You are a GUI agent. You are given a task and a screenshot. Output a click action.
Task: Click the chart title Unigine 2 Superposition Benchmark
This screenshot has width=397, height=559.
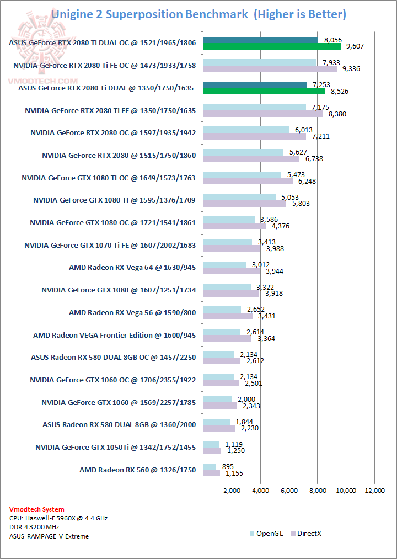click(x=149, y=14)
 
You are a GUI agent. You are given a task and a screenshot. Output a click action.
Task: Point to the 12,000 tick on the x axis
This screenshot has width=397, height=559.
click(x=374, y=490)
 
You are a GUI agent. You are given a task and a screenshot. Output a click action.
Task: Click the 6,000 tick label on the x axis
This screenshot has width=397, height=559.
click(x=289, y=490)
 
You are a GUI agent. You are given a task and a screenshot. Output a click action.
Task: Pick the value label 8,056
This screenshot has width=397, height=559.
click(x=330, y=40)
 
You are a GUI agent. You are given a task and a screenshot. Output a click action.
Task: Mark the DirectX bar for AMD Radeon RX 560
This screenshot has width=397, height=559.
click(x=211, y=473)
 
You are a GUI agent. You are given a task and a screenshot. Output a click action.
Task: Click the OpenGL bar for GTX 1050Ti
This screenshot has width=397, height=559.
click(x=211, y=444)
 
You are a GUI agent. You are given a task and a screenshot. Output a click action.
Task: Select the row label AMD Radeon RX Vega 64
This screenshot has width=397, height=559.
click(x=132, y=268)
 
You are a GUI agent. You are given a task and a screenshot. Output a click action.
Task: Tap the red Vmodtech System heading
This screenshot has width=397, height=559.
click(x=37, y=509)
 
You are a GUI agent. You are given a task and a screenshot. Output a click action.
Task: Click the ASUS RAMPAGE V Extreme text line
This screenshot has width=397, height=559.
click(x=49, y=536)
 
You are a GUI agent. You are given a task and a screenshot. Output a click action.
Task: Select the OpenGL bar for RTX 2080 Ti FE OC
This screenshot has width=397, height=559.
click(x=260, y=62)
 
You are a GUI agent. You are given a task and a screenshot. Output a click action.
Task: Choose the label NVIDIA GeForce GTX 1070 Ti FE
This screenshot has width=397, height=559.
click(x=110, y=245)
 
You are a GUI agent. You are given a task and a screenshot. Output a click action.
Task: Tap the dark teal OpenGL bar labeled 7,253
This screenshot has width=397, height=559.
click(x=255, y=85)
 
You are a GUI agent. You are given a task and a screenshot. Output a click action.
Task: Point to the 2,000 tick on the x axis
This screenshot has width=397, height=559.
click(x=232, y=490)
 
